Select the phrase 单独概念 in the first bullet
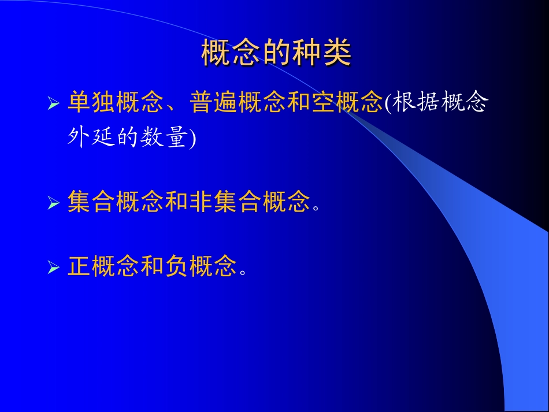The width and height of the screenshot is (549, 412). pos(115,103)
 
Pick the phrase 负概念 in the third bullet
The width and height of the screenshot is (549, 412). pos(201,266)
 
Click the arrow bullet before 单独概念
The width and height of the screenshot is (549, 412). pos(54,104)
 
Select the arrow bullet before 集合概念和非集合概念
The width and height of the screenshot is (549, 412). pos(54,203)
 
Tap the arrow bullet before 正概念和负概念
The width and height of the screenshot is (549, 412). pos(54,268)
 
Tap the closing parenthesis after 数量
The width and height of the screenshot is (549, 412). pos(193,138)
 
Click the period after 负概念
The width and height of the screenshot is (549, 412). pos(242,272)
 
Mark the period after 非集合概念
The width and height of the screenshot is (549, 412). pos(316,207)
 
